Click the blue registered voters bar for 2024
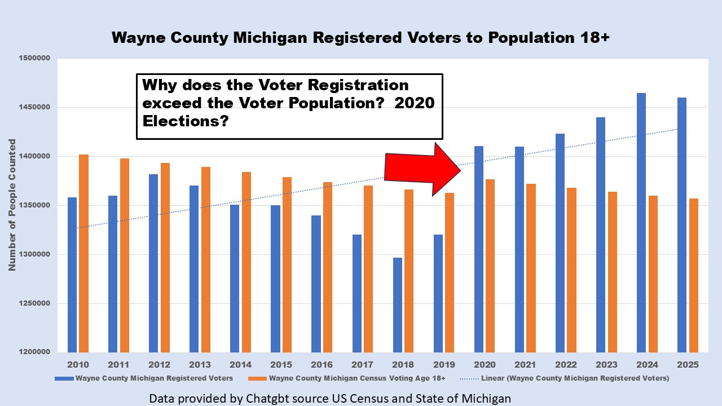[x=641, y=223]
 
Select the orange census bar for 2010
[x=83, y=253]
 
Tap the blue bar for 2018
[x=398, y=304]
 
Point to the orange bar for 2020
[x=490, y=266]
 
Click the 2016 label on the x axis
[x=322, y=364]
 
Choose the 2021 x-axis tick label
[x=525, y=364]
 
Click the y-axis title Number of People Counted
[x=12, y=205]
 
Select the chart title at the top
[x=360, y=38]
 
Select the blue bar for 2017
[x=357, y=293]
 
